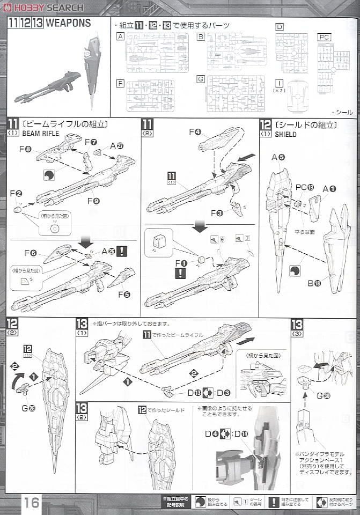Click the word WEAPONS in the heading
(68, 23)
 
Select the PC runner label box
(324, 36)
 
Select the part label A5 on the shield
(277, 157)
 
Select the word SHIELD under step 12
(285, 135)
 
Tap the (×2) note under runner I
(279, 91)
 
